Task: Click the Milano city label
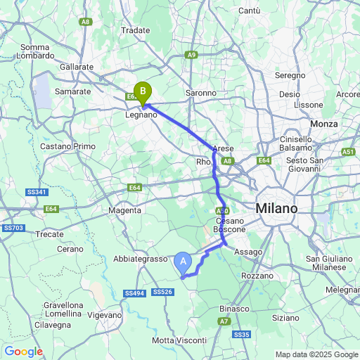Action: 276,209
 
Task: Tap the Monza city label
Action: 323,124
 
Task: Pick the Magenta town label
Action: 126,210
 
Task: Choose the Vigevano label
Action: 105,315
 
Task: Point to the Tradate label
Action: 136,30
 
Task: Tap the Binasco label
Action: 234,309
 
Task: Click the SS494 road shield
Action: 134,292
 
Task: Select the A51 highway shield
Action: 348,152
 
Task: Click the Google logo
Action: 23,351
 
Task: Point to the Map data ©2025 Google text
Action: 316,354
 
